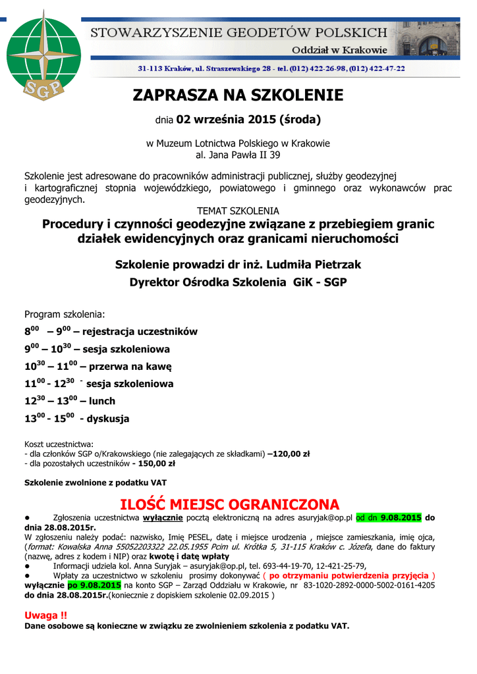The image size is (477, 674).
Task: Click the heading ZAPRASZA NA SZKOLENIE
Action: click(238, 95)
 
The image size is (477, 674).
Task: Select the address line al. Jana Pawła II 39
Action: click(238, 155)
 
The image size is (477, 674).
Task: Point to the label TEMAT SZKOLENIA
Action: click(238, 211)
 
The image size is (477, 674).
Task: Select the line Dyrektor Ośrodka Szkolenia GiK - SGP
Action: click(238, 282)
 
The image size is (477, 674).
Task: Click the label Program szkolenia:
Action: click(65, 314)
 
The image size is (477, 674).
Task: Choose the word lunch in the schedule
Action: click(102, 401)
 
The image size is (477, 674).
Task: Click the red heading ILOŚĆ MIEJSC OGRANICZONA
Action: click(238, 505)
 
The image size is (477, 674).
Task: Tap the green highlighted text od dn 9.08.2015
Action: click(388, 517)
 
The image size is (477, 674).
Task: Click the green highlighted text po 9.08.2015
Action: click(94, 584)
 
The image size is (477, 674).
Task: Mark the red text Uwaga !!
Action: click(45, 615)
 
